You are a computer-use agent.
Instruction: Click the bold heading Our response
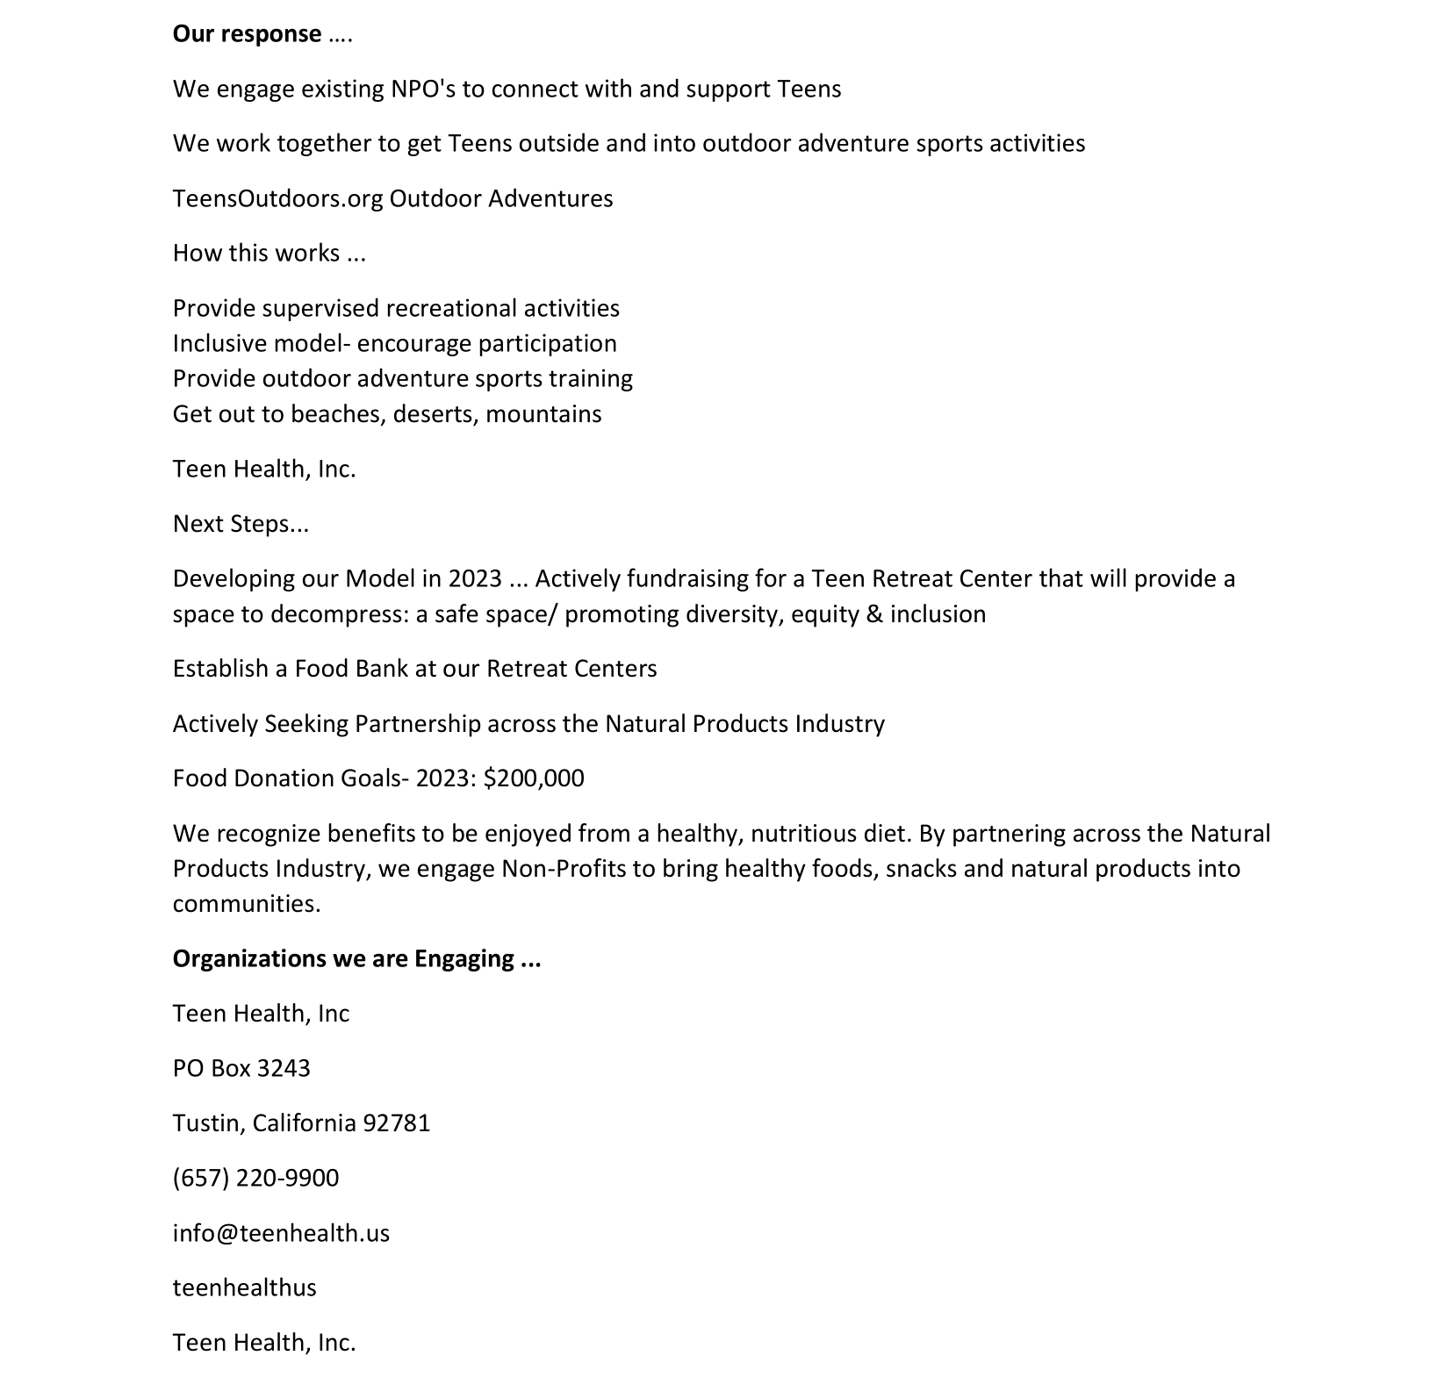[247, 34]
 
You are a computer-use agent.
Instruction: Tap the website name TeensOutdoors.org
[277, 199]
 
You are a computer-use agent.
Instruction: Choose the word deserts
[435, 414]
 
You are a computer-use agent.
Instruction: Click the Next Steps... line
[241, 524]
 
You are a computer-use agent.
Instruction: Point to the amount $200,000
[533, 778]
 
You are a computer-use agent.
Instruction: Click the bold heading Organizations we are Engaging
[356, 958]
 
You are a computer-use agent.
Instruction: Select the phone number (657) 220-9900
[255, 1178]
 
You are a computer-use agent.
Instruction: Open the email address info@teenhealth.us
[281, 1233]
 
